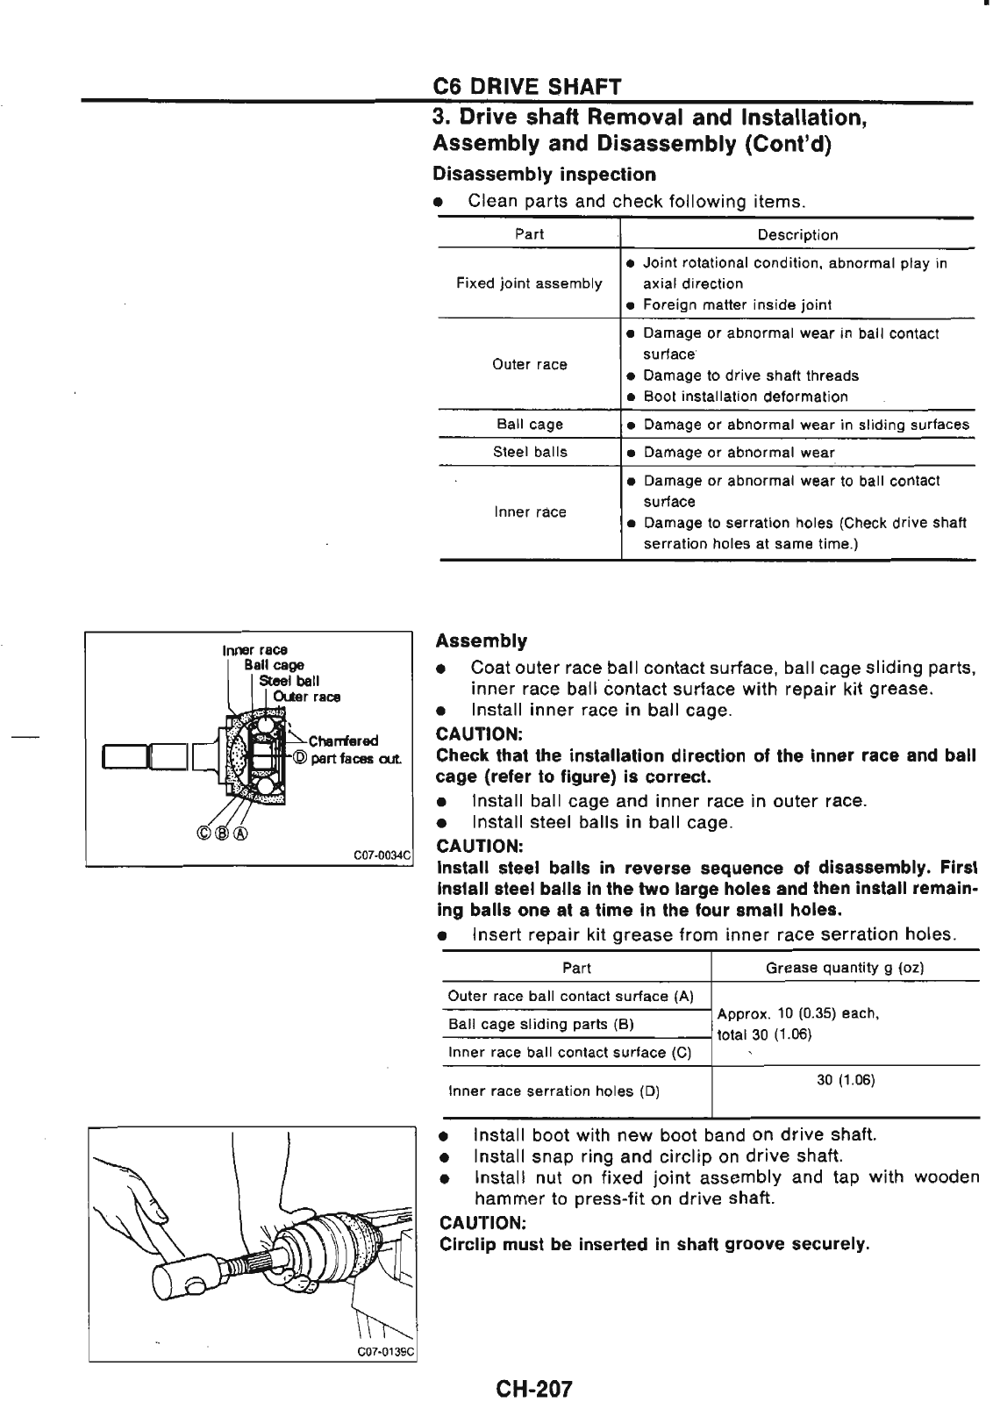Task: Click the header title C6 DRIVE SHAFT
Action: pyautogui.click(x=528, y=87)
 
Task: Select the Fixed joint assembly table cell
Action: pyautogui.click(x=529, y=283)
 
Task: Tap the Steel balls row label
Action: pyautogui.click(x=530, y=452)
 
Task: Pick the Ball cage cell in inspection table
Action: pyautogui.click(x=530, y=424)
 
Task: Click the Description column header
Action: pyautogui.click(x=797, y=234)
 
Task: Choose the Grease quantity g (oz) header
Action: pyautogui.click(x=844, y=968)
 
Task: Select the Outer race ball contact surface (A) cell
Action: pyautogui.click(x=570, y=996)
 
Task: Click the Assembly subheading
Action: pyautogui.click(x=482, y=640)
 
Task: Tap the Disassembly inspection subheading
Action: pyautogui.click(x=545, y=174)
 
